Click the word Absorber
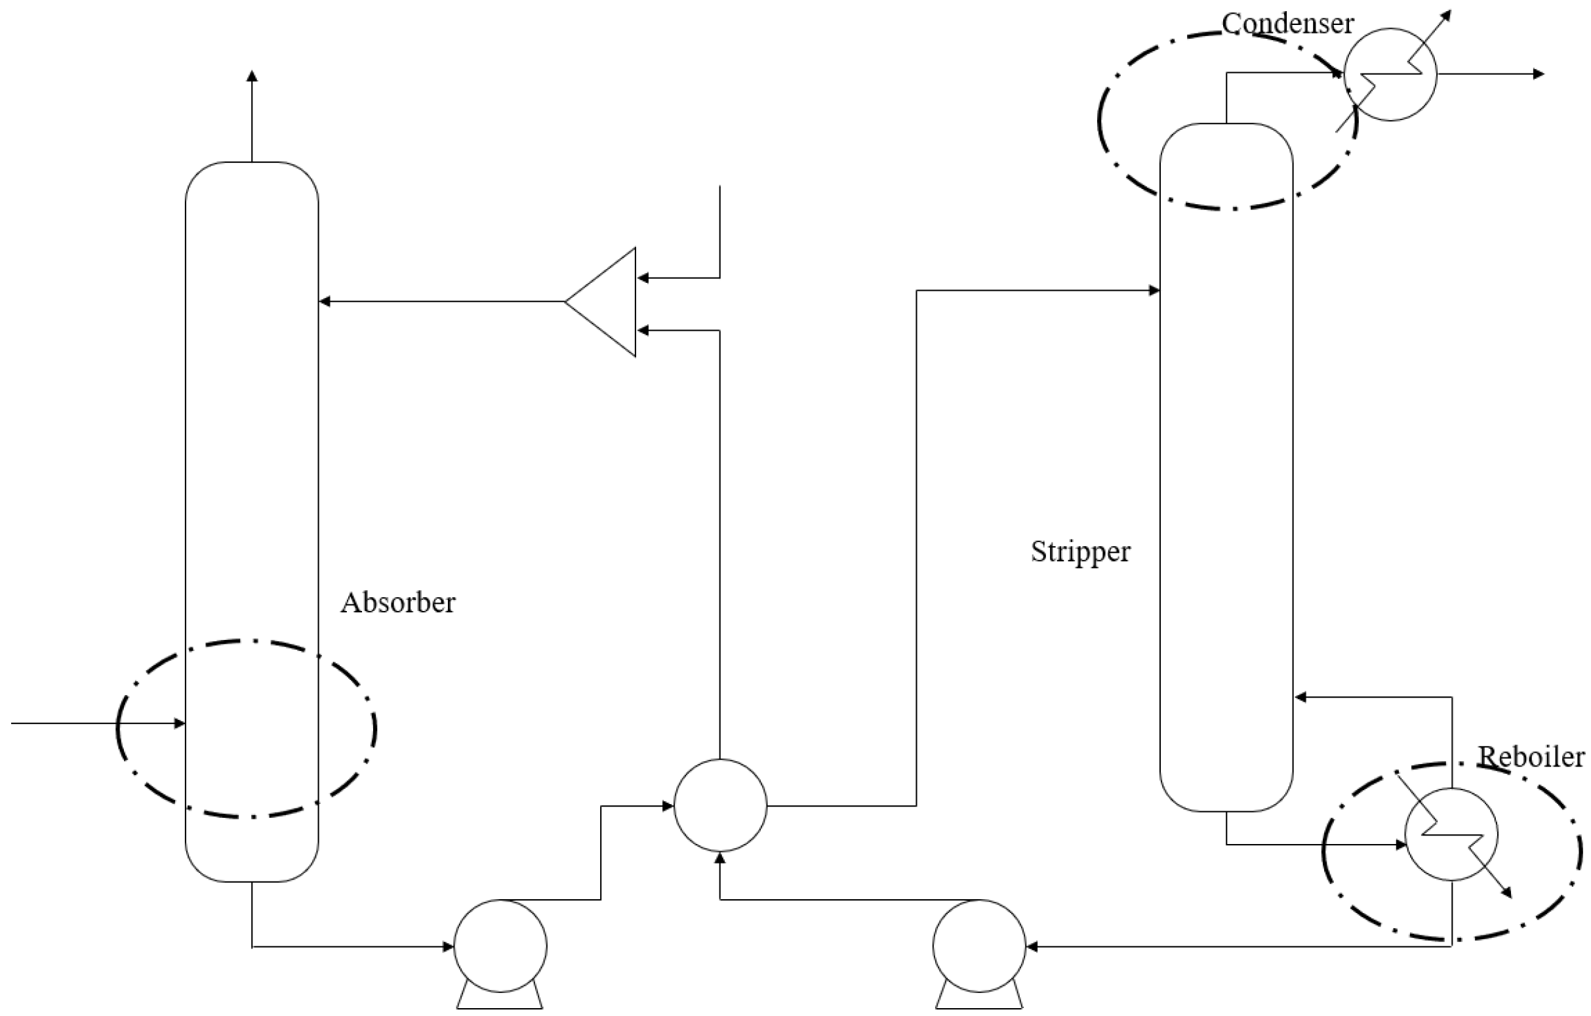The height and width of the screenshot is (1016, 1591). (x=397, y=603)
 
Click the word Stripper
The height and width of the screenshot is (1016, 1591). (x=1080, y=551)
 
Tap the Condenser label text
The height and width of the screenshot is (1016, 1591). (x=1287, y=24)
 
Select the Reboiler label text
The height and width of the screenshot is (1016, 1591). (x=1530, y=757)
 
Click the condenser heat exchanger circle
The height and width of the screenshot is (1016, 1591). (x=1390, y=74)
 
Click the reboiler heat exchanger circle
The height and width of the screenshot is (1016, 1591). (x=1451, y=834)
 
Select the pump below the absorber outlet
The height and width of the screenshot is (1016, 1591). (x=500, y=946)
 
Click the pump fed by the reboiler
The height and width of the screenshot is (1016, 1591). (x=979, y=946)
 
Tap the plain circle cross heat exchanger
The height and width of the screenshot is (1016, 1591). (x=720, y=805)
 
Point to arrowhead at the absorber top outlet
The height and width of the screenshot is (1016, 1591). (x=252, y=75)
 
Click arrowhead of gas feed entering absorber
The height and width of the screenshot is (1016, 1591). (x=179, y=723)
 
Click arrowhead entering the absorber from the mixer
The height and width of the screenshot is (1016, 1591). (x=325, y=302)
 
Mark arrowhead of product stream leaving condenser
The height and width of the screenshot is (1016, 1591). (x=1539, y=74)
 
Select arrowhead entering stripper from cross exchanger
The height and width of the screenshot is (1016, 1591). (x=1155, y=290)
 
